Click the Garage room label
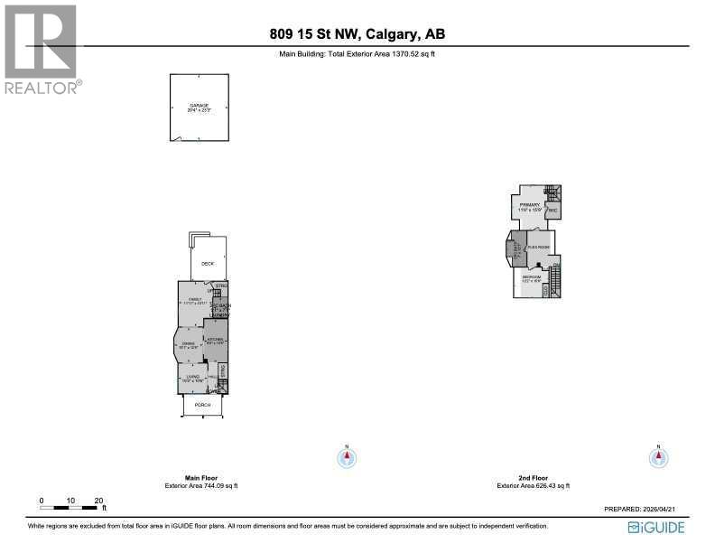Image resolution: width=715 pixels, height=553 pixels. pyautogui.click(x=199, y=106)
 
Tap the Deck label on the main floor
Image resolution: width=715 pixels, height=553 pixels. pyautogui.click(x=208, y=264)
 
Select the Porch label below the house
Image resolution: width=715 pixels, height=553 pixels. pyautogui.click(x=203, y=405)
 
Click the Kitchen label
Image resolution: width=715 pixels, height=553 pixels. pyautogui.click(x=215, y=340)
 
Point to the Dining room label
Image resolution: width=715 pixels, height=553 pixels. pyautogui.click(x=189, y=344)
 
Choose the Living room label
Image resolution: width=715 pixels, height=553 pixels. pyautogui.click(x=191, y=377)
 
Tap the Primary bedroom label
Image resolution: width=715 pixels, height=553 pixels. pyautogui.click(x=530, y=206)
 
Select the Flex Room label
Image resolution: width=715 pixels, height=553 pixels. pyautogui.click(x=540, y=245)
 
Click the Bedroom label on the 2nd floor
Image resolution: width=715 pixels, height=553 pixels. pyautogui.click(x=532, y=276)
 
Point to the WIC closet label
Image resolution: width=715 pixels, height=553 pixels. pyautogui.click(x=552, y=211)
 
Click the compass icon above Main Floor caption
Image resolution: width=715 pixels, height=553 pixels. pyautogui.click(x=346, y=457)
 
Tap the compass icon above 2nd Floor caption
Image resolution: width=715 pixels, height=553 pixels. pyautogui.click(x=659, y=457)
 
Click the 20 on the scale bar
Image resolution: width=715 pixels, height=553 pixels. pyautogui.click(x=99, y=500)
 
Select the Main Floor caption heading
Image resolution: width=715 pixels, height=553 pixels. pyautogui.click(x=201, y=477)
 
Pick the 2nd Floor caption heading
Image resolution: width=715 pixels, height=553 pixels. pyautogui.click(x=534, y=477)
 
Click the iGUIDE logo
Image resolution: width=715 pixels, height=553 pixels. pyautogui.click(x=656, y=527)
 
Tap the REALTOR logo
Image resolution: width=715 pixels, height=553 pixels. pyautogui.click(x=42, y=50)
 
